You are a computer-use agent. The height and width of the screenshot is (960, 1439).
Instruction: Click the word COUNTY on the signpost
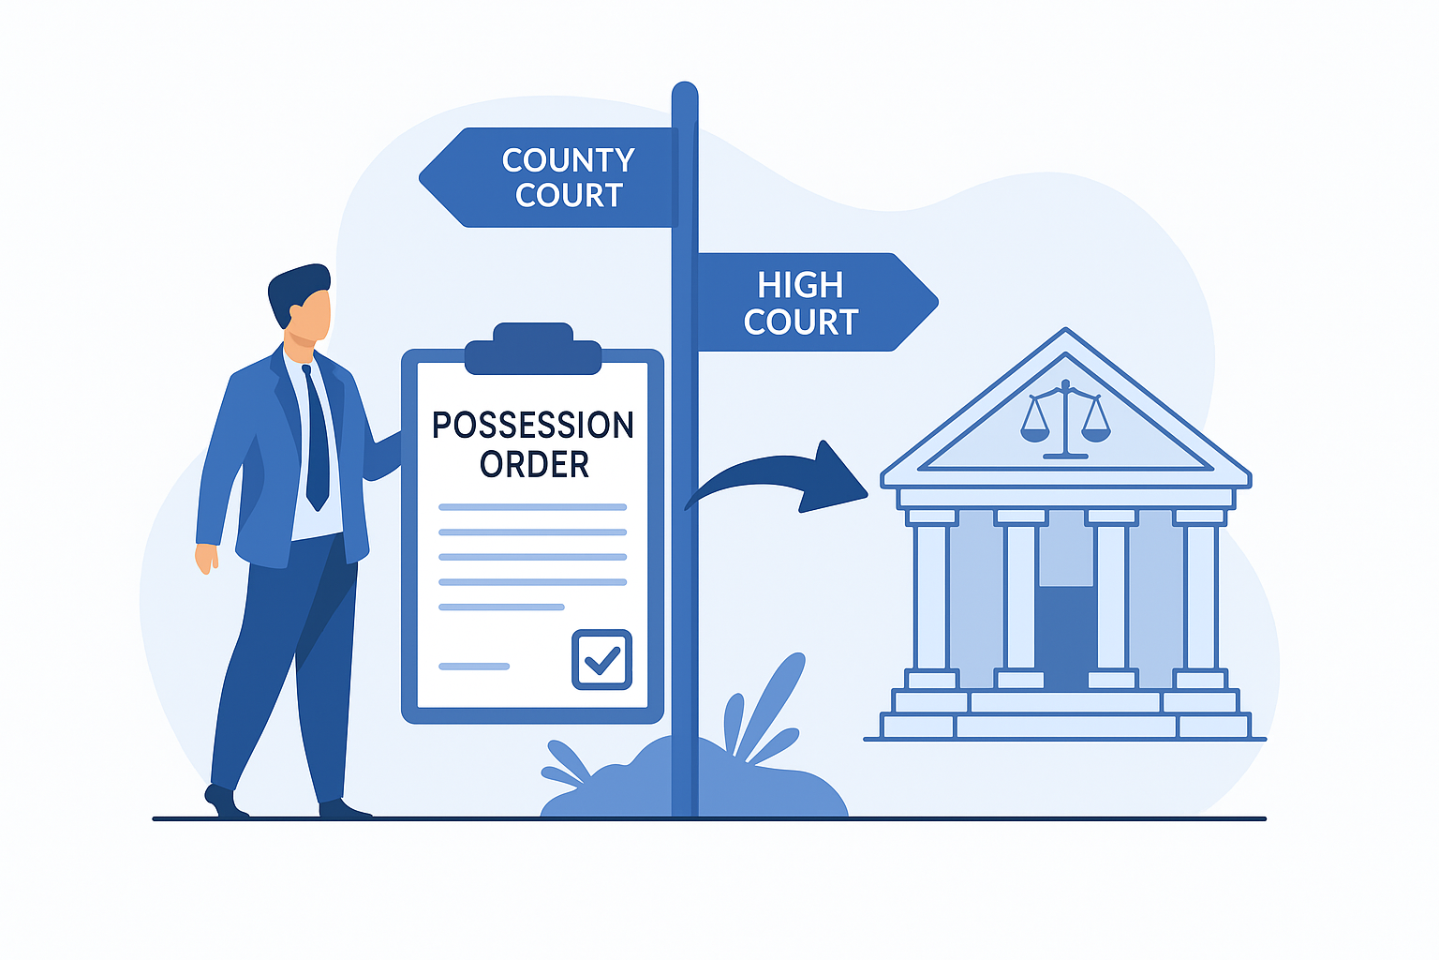pyautogui.click(x=569, y=160)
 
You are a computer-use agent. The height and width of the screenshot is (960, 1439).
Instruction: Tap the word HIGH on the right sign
pyautogui.click(x=800, y=285)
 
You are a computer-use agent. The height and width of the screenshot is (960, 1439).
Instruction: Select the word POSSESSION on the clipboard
pyautogui.click(x=532, y=425)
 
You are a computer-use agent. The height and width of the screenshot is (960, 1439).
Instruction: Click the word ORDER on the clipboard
pyautogui.click(x=534, y=464)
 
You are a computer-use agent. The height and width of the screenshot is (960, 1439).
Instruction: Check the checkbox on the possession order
pyautogui.click(x=602, y=659)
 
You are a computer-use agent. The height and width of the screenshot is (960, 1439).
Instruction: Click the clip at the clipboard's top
pyautogui.click(x=532, y=348)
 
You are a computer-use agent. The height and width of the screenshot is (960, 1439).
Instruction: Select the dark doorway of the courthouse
pyautogui.click(x=1066, y=637)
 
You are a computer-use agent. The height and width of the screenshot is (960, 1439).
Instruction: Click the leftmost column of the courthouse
pyautogui.click(x=931, y=596)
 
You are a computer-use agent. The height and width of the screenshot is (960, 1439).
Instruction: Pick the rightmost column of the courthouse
pyautogui.click(x=1200, y=596)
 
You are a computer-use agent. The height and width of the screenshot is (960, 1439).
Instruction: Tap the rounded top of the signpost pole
pyautogui.click(x=685, y=93)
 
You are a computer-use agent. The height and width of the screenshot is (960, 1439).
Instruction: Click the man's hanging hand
pyautogui.click(x=207, y=559)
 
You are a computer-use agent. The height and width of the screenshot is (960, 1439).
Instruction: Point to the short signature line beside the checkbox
pyautogui.click(x=474, y=667)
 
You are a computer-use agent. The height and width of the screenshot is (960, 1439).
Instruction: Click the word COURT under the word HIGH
pyautogui.click(x=801, y=322)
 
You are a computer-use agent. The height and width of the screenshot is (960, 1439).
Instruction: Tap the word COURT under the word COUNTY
pyautogui.click(x=570, y=195)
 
